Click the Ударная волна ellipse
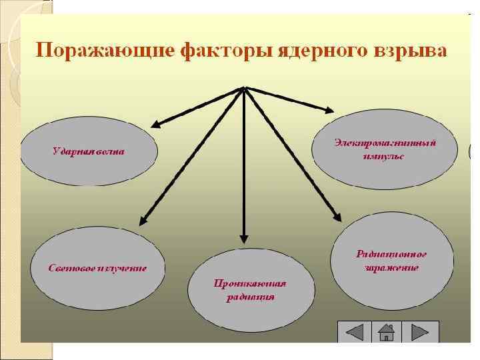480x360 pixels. [x=89, y=151]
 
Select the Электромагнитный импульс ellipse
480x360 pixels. [x=385, y=150]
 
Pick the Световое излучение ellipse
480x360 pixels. [x=97, y=268]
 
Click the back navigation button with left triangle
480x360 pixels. [x=354, y=331]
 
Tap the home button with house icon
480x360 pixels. [x=387, y=331]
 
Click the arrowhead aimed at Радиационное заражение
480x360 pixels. [x=337, y=215]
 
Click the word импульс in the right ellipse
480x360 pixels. [x=385, y=157]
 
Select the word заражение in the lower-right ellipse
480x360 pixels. [x=391, y=268]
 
